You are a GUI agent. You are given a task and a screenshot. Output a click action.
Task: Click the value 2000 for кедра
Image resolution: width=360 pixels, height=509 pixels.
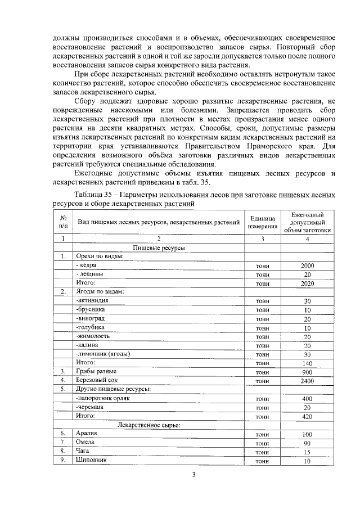click(307, 265)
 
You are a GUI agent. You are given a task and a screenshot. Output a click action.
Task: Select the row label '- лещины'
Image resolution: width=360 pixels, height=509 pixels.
click(89, 274)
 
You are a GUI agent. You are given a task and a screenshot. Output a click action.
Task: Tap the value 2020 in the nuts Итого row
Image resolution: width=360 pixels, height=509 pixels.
click(307, 283)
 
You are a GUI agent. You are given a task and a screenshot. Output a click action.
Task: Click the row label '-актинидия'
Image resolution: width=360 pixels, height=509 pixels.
click(93, 301)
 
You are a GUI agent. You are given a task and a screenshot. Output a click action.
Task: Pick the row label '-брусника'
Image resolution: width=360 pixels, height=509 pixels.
click(91, 310)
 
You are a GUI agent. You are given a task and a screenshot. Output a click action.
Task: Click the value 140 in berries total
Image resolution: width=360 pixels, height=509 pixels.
click(307, 363)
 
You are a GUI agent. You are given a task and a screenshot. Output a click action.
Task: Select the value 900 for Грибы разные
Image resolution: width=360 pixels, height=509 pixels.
click(307, 372)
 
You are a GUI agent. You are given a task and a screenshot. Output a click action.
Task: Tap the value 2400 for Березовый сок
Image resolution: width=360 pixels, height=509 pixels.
click(307, 381)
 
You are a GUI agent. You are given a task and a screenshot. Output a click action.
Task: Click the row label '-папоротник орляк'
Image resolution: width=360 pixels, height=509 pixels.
click(102, 398)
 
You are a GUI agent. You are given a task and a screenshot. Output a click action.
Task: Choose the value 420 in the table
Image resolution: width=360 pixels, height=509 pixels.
click(307, 416)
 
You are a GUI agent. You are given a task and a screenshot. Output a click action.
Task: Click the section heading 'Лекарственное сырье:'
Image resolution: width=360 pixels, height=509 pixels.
click(148, 425)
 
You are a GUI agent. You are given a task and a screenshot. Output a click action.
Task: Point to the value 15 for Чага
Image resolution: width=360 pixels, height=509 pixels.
click(307, 452)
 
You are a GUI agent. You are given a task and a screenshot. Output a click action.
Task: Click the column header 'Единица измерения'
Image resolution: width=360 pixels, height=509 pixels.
click(263, 222)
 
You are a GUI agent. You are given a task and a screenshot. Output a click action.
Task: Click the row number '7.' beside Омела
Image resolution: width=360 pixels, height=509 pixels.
click(64, 443)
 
